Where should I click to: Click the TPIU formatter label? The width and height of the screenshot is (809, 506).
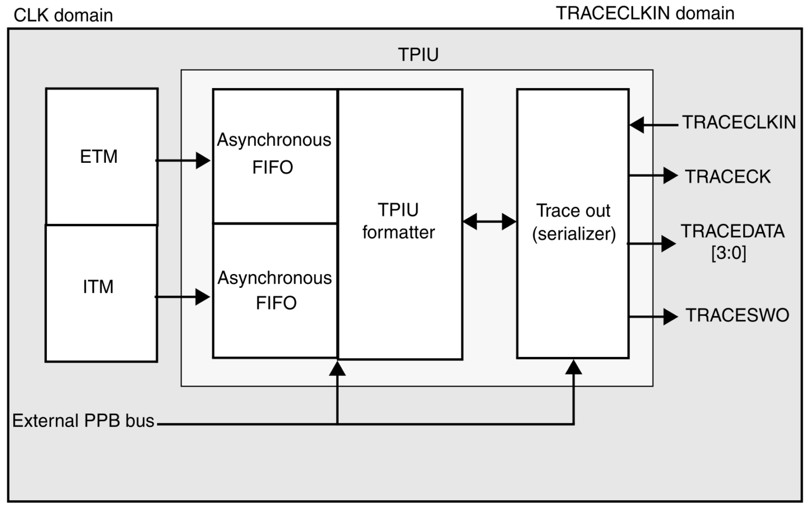tap(399, 221)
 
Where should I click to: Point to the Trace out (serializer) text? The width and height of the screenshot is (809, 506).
tap(573, 222)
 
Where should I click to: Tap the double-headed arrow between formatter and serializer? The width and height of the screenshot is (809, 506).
tap(489, 221)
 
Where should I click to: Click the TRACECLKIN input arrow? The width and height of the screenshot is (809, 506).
tap(654, 125)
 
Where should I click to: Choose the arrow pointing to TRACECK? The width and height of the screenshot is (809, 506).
tap(653, 176)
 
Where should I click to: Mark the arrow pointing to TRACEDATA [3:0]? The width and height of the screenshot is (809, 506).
tap(652, 244)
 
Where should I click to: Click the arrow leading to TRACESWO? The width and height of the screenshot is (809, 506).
tap(653, 316)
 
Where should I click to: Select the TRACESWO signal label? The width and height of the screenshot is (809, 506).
tap(737, 315)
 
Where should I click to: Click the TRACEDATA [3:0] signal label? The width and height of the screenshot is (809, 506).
tap(732, 242)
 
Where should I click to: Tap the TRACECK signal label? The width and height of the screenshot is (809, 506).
tap(727, 177)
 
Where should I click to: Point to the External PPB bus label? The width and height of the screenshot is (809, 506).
tap(83, 421)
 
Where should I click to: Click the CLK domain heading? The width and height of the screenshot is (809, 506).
tap(63, 15)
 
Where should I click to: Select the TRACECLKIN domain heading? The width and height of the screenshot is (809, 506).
tap(645, 13)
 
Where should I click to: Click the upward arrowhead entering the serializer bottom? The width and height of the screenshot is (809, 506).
tap(574, 367)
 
